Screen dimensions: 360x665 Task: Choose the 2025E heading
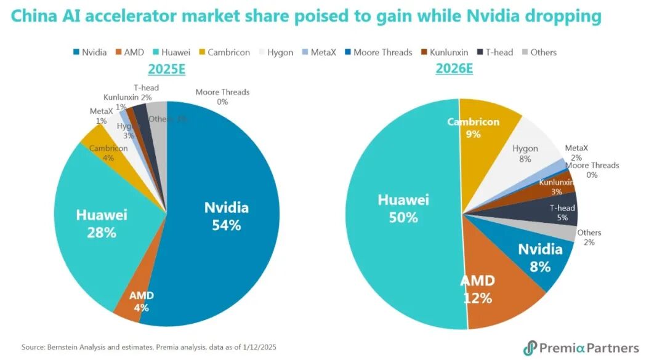pos(166,69)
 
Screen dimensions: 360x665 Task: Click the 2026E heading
pos(454,69)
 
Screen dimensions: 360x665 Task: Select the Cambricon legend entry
pos(224,52)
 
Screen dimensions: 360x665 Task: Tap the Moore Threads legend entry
pos(378,52)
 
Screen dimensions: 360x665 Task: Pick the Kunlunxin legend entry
pos(444,52)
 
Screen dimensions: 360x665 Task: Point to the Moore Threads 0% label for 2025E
pos(222,97)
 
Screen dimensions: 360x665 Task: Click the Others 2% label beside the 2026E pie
pos(589,237)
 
